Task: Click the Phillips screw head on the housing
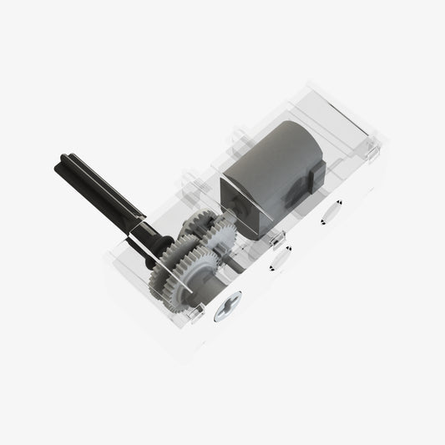(227, 311)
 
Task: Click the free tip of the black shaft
(61, 161)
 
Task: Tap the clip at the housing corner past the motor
(367, 150)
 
